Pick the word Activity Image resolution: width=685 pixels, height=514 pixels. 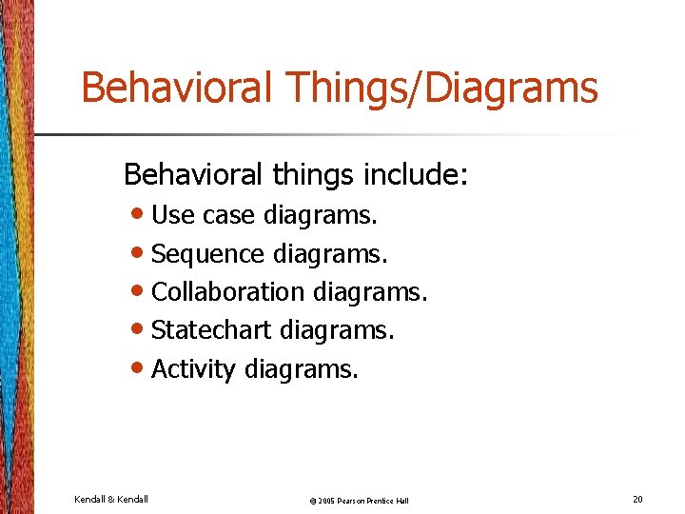(193, 369)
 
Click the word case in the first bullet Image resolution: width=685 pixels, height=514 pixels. (229, 216)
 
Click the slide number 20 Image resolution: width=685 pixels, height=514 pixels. (636, 499)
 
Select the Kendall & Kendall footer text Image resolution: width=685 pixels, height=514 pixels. (110, 499)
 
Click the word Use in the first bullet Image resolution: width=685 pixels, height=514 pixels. (171, 216)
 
